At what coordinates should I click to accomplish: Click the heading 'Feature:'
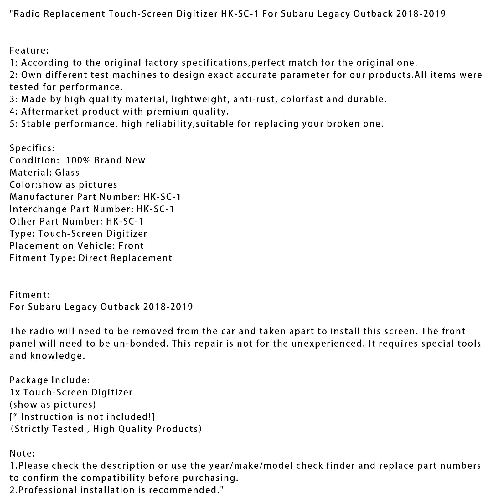pos(29,50)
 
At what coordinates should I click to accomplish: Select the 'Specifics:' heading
pos(32,148)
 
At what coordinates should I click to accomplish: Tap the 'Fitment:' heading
pos(29,295)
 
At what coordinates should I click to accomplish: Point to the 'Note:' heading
pos(22,453)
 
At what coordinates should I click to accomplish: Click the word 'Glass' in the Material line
pos(67,173)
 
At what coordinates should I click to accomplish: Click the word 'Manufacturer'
pos(42,197)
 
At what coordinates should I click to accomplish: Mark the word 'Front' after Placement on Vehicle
pos(131,246)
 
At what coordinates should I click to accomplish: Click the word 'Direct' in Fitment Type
pos(91,258)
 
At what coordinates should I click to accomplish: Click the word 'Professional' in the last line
pos(48,490)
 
